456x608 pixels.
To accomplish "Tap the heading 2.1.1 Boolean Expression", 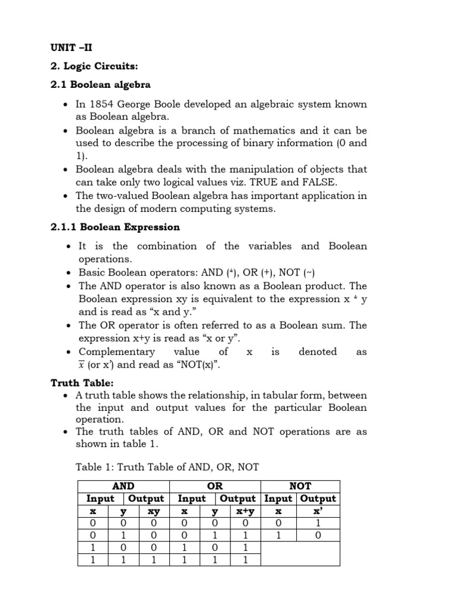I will (115, 227).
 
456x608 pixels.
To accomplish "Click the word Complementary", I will (116, 351).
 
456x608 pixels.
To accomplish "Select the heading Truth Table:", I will (81, 384).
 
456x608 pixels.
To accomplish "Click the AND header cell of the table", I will (123, 486).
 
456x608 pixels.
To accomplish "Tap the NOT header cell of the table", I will (300, 486).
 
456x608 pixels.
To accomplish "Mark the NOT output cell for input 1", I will (317, 536).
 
